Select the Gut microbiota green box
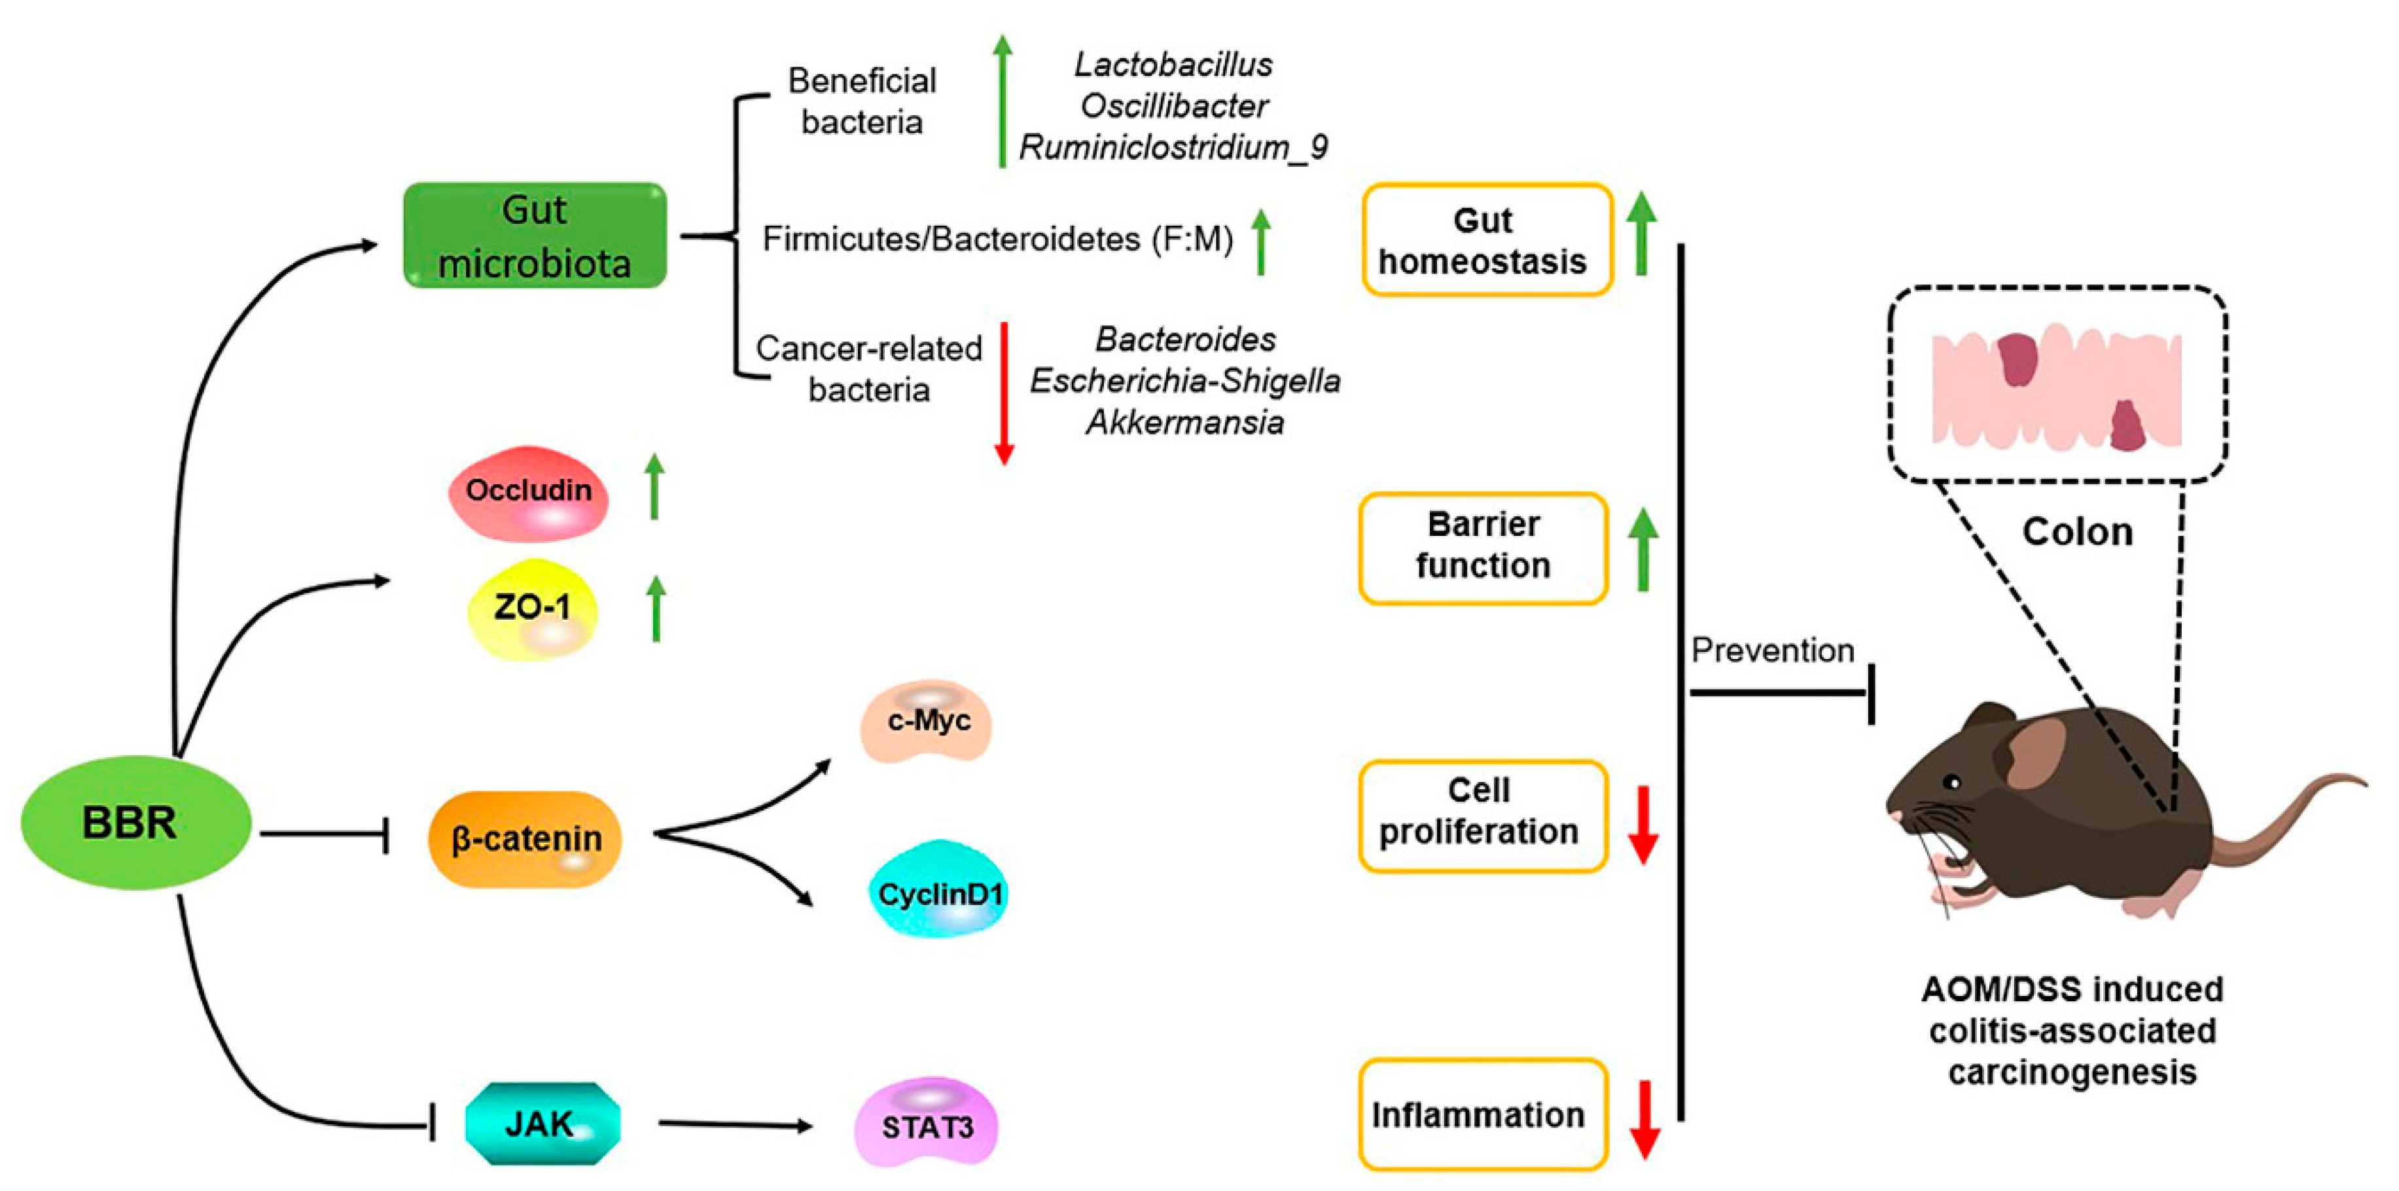[535, 236]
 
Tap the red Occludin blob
[528, 493]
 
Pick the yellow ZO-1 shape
[532, 610]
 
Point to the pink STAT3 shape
[927, 1125]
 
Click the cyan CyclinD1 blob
[939, 891]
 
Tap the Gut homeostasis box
[1485, 240]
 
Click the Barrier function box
[1483, 548]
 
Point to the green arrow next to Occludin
[654, 486]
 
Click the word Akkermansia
[1184, 423]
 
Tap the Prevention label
[1772, 650]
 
